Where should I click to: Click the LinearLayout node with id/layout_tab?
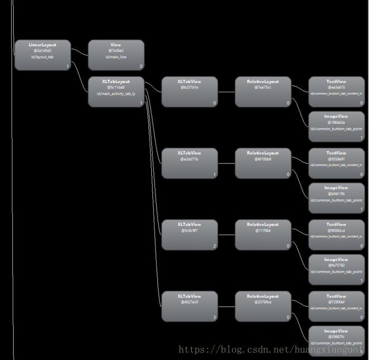(42, 55)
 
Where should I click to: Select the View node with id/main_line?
(116, 55)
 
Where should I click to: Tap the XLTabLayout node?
(116, 91)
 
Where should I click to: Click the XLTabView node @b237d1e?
(189, 91)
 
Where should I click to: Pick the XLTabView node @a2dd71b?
(189, 163)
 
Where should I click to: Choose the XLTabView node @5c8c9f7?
(189, 235)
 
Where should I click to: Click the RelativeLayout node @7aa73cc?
(263, 91)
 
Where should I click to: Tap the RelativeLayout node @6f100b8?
(263, 163)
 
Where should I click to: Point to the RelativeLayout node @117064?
(263, 235)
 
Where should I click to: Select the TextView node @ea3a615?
(336, 91)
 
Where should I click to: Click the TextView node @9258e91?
(336, 163)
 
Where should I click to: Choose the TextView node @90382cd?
(336, 235)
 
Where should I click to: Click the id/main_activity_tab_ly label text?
(116, 93)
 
